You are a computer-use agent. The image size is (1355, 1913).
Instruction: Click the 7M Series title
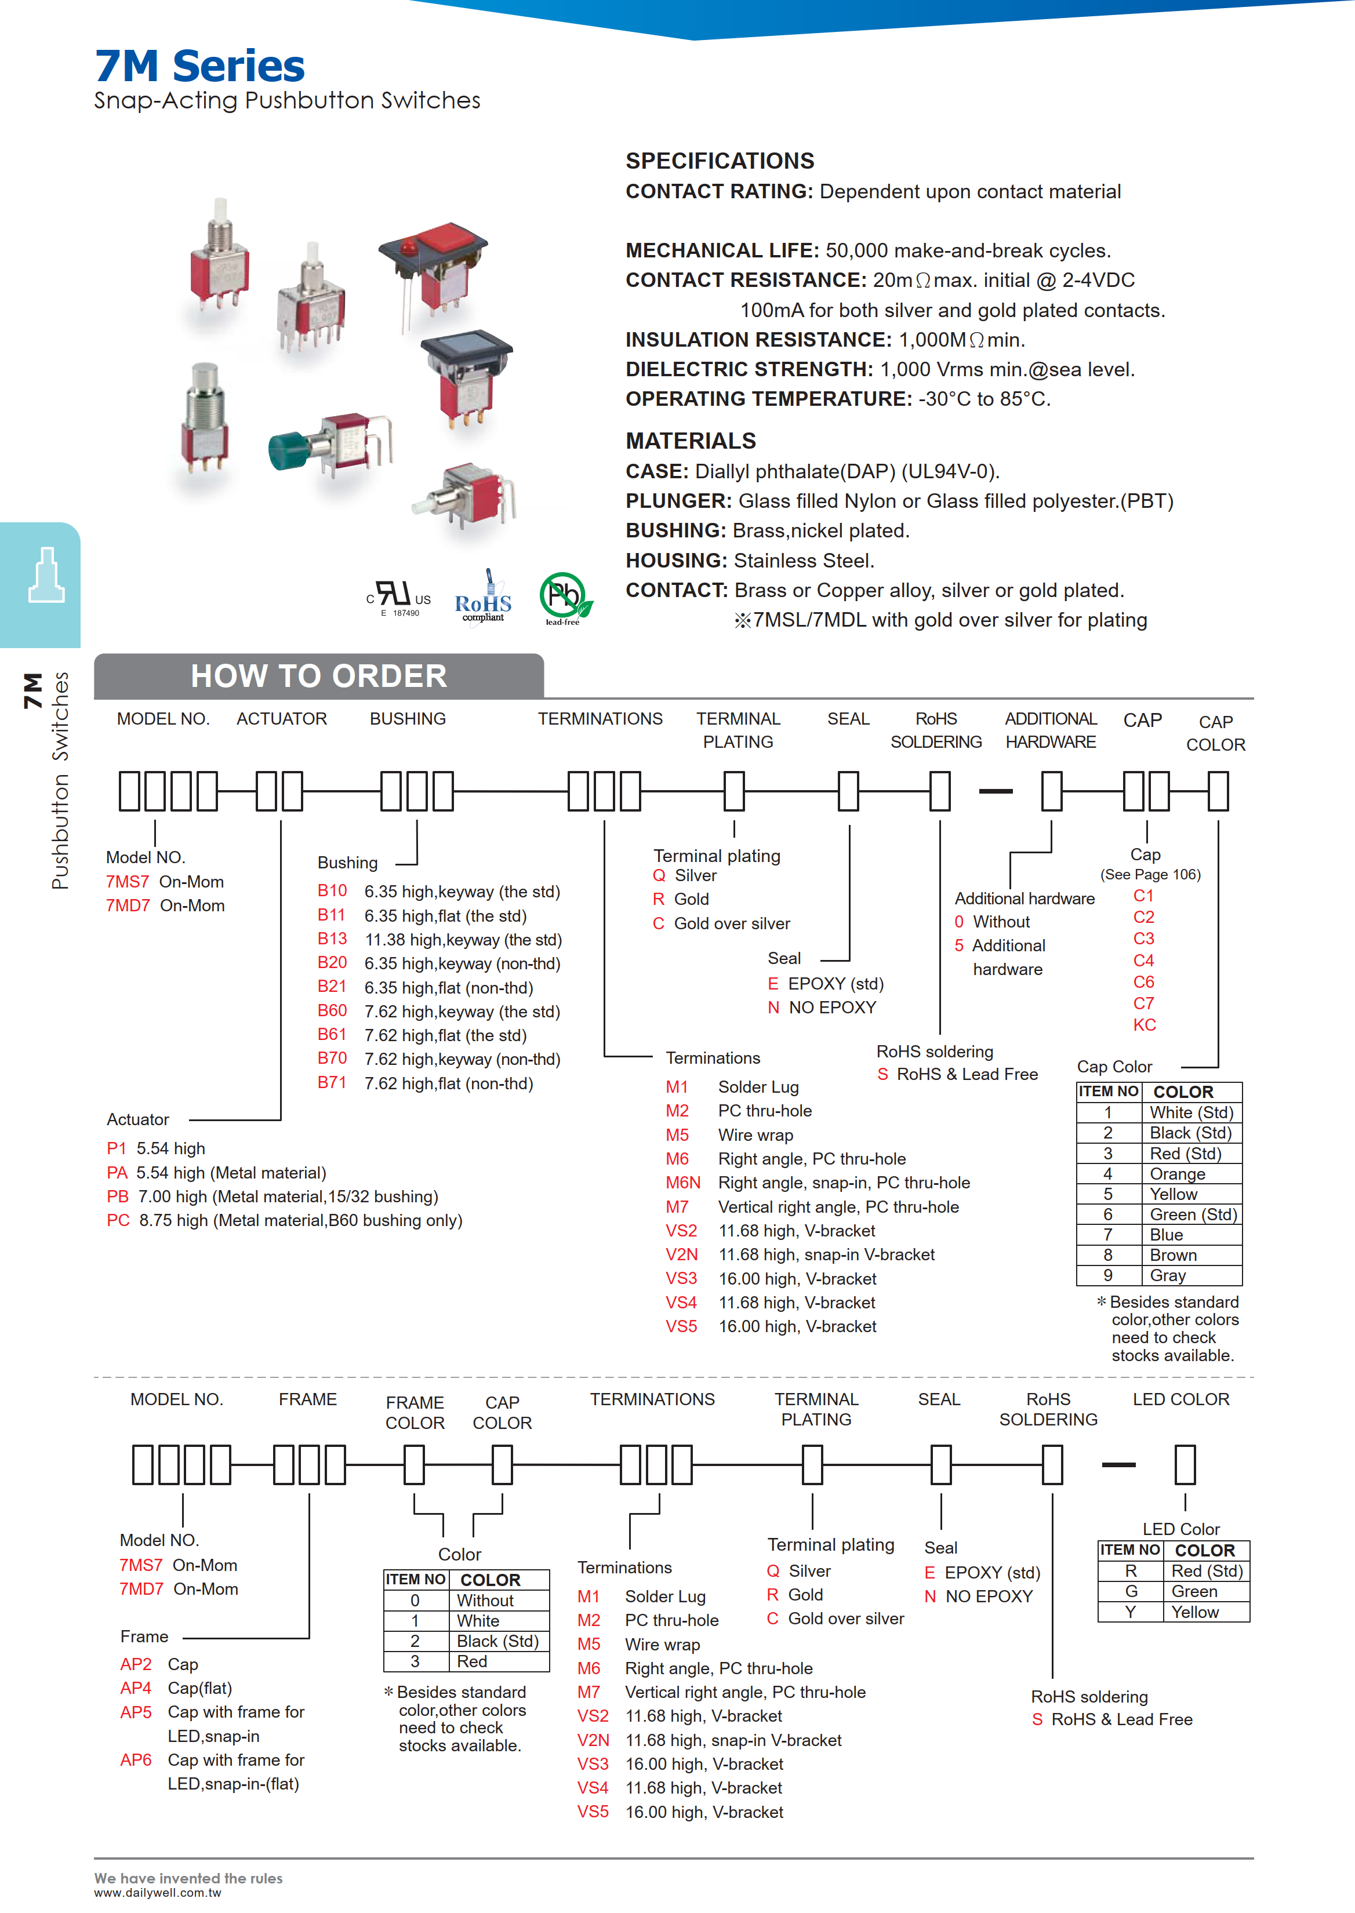tap(199, 66)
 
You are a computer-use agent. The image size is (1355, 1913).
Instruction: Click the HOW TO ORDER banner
tap(319, 676)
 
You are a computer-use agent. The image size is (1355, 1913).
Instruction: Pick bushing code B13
tap(332, 939)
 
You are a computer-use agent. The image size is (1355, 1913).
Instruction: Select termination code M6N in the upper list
tap(682, 1182)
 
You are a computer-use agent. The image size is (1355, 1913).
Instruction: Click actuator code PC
tap(118, 1220)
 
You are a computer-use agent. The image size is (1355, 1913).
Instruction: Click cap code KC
tap(1144, 1024)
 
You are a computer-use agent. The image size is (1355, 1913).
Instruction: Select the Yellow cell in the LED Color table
tap(1195, 1612)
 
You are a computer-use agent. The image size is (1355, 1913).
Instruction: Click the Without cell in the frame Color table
tap(485, 1600)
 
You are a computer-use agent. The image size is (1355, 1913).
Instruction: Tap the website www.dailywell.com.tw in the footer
tap(157, 1893)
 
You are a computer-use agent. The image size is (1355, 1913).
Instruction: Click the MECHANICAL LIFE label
tap(722, 250)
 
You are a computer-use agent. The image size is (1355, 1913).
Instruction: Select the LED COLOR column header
tap(1180, 1399)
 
